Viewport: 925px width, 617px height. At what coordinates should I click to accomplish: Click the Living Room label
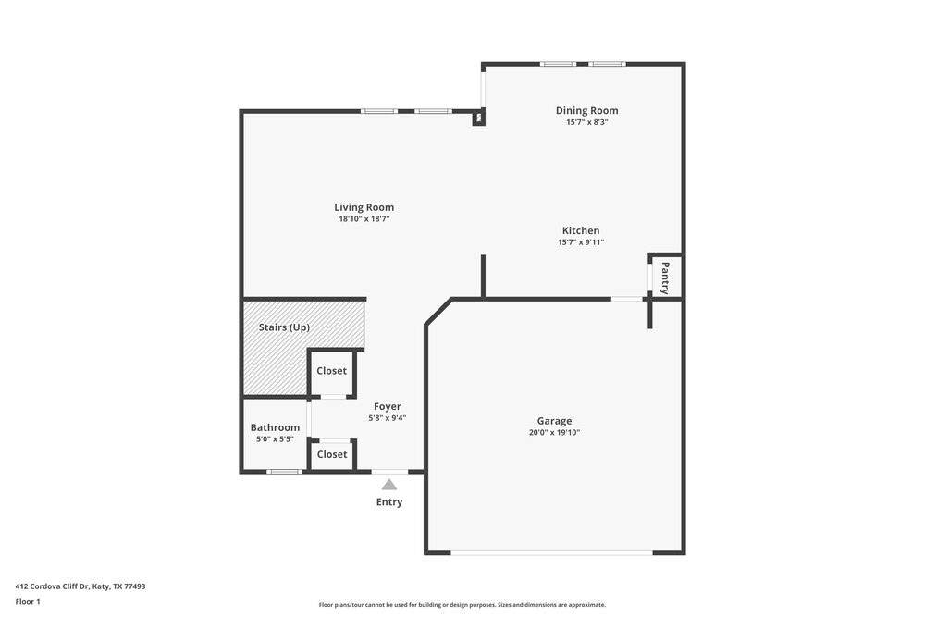(x=364, y=207)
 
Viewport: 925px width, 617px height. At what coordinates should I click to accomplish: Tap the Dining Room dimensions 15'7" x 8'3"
(x=587, y=122)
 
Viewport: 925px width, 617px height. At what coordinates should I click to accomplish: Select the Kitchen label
(x=581, y=230)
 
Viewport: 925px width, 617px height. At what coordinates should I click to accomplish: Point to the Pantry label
(x=665, y=278)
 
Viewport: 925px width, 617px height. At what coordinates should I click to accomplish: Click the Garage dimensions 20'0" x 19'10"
(x=554, y=432)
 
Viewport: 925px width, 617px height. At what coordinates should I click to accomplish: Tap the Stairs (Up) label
(x=284, y=327)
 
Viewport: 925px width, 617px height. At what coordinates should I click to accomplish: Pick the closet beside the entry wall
(x=332, y=455)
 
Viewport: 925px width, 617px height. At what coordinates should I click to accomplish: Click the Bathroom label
(x=275, y=427)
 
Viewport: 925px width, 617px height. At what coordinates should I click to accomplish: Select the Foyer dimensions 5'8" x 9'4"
(x=388, y=418)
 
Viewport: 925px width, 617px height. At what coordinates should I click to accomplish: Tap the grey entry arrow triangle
(x=389, y=485)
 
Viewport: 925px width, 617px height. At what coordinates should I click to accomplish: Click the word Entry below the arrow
(x=389, y=502)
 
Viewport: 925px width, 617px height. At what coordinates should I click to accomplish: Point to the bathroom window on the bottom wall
(x=284, y=471)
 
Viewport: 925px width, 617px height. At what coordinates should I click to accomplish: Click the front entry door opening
(x=389, y=471)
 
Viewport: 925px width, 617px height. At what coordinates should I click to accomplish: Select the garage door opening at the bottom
(x=552, y=552)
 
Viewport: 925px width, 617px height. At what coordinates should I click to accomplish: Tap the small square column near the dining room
(x=478, y=118)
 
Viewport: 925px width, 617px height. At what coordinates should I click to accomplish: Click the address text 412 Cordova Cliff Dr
(x=52, y=586)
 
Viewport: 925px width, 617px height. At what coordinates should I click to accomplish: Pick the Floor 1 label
(x=28, y=602)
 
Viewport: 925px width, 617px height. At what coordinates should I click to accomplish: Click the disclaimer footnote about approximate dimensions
(x=462, y=605)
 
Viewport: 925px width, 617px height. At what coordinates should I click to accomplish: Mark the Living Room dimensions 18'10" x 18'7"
(x=364, y=219)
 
